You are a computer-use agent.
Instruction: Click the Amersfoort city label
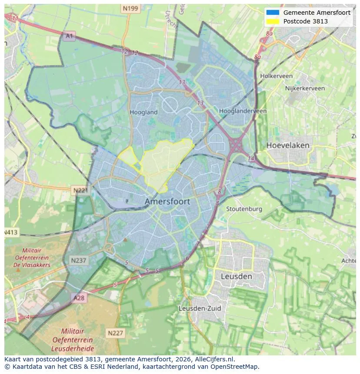point(167,202)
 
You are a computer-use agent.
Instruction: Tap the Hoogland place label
point(143,112)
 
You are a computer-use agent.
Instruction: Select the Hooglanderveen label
point(243,111)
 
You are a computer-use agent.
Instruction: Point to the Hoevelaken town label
point(287,145)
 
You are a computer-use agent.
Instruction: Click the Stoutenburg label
point(244,209)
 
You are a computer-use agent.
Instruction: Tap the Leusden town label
point(236,276)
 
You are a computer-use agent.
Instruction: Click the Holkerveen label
point(276,76)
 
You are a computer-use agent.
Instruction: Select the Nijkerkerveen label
point(305,88)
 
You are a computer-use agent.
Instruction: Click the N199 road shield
point(130,8)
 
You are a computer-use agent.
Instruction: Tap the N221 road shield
point(80,190)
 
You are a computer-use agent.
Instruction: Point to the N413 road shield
point(11,232)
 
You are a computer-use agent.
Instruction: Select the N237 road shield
point(78,260)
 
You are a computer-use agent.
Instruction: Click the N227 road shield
point(115,333)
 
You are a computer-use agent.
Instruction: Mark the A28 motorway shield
point(79,298)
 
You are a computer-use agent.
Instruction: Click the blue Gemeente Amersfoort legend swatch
point(273,13)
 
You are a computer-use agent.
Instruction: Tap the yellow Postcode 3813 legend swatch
point(273,21)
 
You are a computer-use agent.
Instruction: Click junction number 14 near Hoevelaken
point(251,159)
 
